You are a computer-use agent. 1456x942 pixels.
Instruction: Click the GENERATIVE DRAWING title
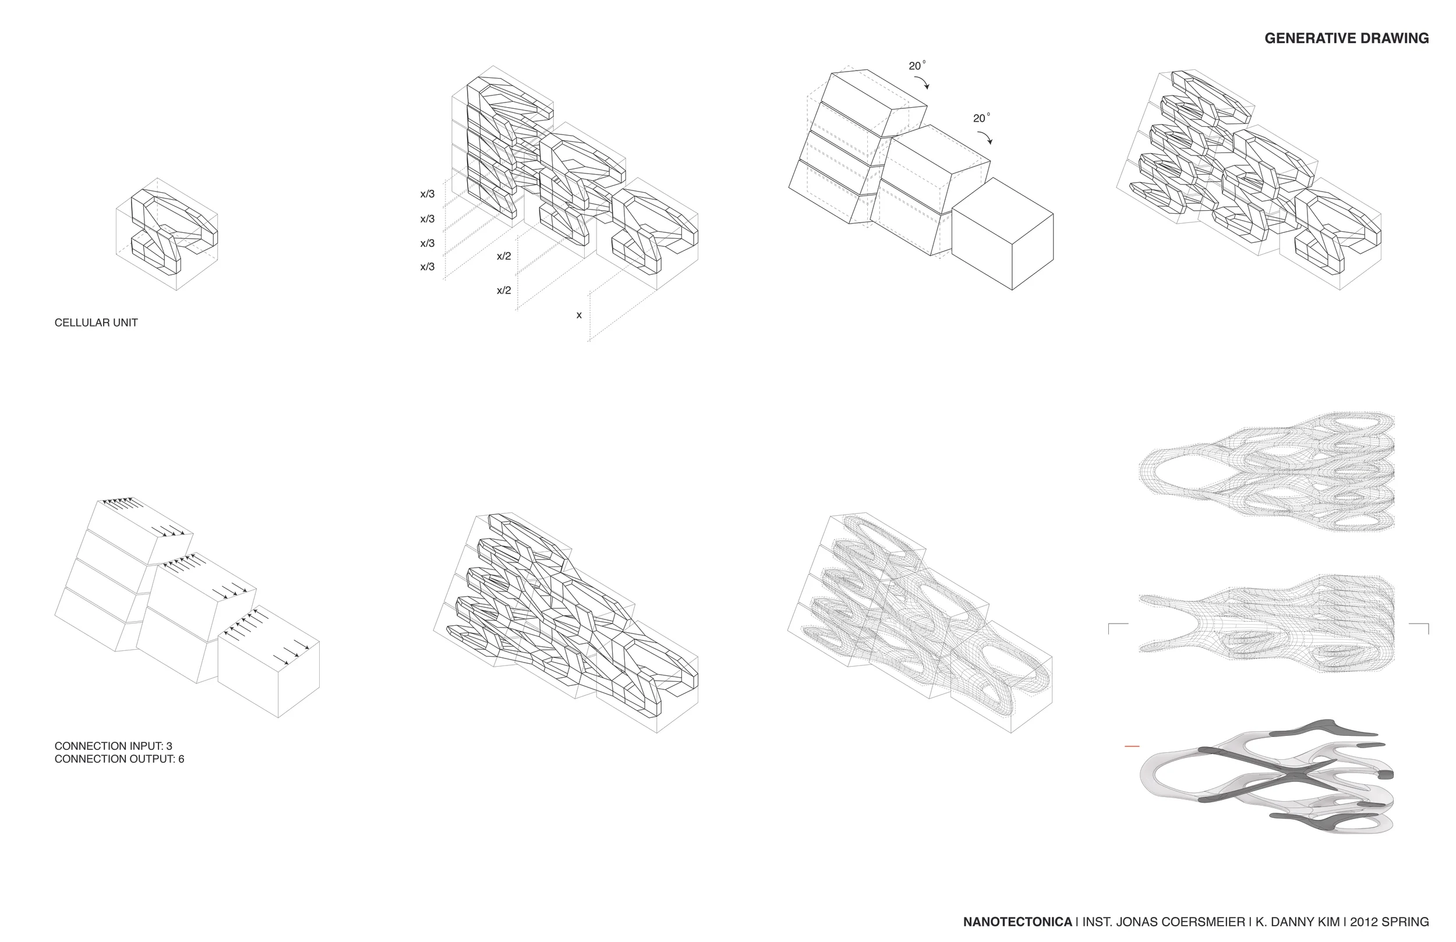pyautogui.click(x=1346, y=38)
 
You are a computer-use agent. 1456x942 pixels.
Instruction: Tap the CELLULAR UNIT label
pyautogui.click(x=96, y=323)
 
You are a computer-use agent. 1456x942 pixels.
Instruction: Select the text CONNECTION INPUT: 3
pyautogui.click(x=113, y=746)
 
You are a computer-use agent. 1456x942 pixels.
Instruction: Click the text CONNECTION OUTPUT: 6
pyautogui.click(x=119, y=759)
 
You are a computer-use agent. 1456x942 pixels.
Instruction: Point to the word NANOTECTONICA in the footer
pyautogui.click(x=1017, y=922)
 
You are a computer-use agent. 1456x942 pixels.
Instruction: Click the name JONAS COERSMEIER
pyautogui.click(x=1181, y=922)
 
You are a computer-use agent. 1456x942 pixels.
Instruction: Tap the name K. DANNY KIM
pyautogui.click(x=1297, y=922)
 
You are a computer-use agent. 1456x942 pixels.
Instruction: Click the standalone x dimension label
pyautogui.click(x=579, y=316)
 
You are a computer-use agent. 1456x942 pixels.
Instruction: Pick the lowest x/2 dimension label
pyautogui.click(x=503, y=291)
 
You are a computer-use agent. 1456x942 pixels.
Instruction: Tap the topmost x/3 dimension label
pyautogui.click(x=427, y=194)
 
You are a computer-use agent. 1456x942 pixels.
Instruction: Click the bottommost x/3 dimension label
pyautogui.click(x=427, y=267)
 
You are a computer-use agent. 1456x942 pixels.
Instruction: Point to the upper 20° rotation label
pyautogui.click(x=917, y=66)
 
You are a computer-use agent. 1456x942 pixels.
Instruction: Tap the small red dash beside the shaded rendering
pyautogui.click(x=1132, y=747)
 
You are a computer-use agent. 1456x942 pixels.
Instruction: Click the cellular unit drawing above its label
pyautogui.click(x=167, y=233)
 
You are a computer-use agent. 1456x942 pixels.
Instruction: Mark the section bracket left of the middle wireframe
pyautogui.click(x=1117, y=627)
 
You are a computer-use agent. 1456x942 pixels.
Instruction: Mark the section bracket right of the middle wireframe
pyautogui.click(x=1419, y=627)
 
